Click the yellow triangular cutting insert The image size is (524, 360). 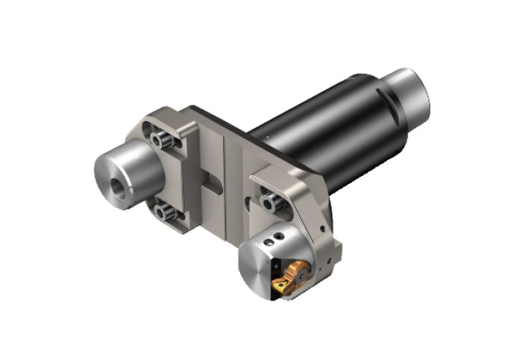pos(278,283)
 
